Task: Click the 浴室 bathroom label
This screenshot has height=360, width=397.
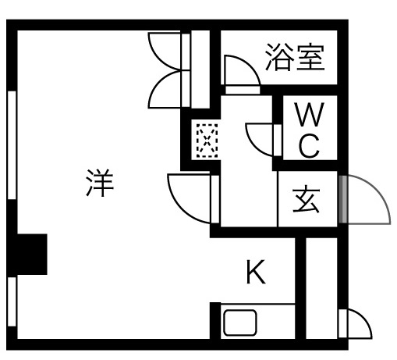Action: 295,57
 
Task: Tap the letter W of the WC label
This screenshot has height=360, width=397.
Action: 310,114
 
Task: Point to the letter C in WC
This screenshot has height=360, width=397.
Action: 310,146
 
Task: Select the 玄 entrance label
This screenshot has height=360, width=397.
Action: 306,199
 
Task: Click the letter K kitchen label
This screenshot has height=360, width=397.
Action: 256,272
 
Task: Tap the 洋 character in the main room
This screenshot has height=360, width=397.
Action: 100,183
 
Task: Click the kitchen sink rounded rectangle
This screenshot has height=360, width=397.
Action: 240,323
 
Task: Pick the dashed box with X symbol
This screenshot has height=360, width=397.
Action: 207,141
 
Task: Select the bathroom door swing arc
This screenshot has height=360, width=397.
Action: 247,66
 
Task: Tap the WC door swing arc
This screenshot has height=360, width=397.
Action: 255,146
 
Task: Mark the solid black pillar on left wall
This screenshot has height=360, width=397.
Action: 32,255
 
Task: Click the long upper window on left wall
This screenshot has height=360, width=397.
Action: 12,145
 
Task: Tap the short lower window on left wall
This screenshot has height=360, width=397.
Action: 12,301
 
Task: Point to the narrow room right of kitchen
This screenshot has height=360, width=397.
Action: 322,288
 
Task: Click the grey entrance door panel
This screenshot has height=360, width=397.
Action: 343,199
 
